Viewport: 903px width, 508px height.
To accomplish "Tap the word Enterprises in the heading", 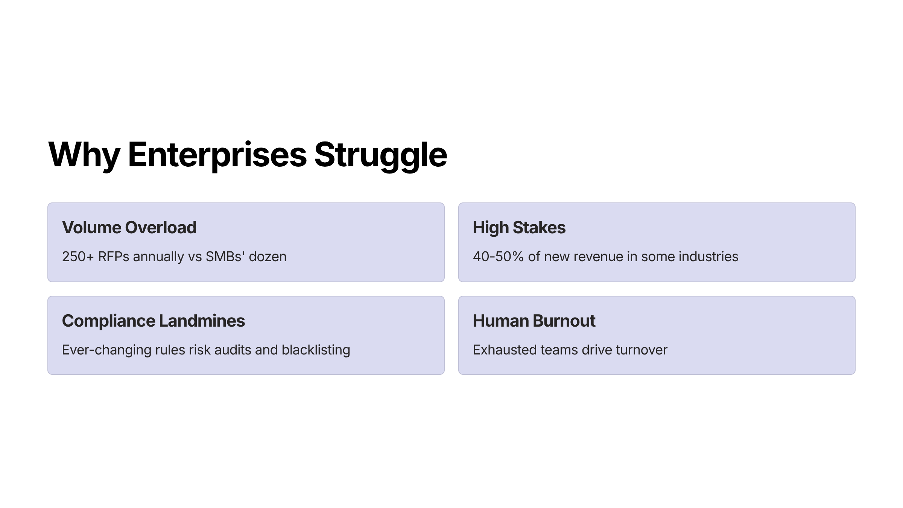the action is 217,155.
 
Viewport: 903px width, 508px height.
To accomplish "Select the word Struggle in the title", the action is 380,155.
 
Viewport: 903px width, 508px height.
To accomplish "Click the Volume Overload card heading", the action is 129,227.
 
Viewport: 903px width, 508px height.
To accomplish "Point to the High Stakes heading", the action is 519,227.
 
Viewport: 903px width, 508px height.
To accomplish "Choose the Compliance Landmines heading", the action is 154,321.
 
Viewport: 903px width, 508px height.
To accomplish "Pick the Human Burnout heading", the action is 534,321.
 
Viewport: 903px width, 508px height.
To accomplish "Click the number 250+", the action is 78,257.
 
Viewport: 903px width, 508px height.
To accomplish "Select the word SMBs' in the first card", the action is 225,256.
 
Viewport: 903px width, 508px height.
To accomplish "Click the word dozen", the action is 268,257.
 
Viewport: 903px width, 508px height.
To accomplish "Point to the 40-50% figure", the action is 498,257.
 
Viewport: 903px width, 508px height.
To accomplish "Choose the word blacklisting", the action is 316,350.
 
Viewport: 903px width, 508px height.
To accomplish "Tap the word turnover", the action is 642,350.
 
